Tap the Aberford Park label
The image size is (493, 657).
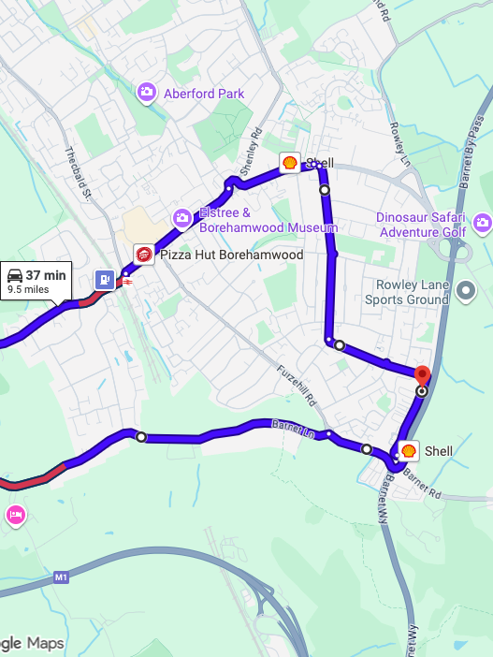(203, 94)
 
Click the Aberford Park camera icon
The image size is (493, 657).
(147, 92)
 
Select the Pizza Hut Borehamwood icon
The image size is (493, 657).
(143, 255)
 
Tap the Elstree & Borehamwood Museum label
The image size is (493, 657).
(268, 221)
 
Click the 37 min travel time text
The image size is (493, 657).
(45, 275)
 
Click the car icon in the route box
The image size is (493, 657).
(15, 275)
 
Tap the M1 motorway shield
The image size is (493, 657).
(62, 577)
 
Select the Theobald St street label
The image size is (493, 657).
(76, 174)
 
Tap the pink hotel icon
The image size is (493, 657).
(15, 514)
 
